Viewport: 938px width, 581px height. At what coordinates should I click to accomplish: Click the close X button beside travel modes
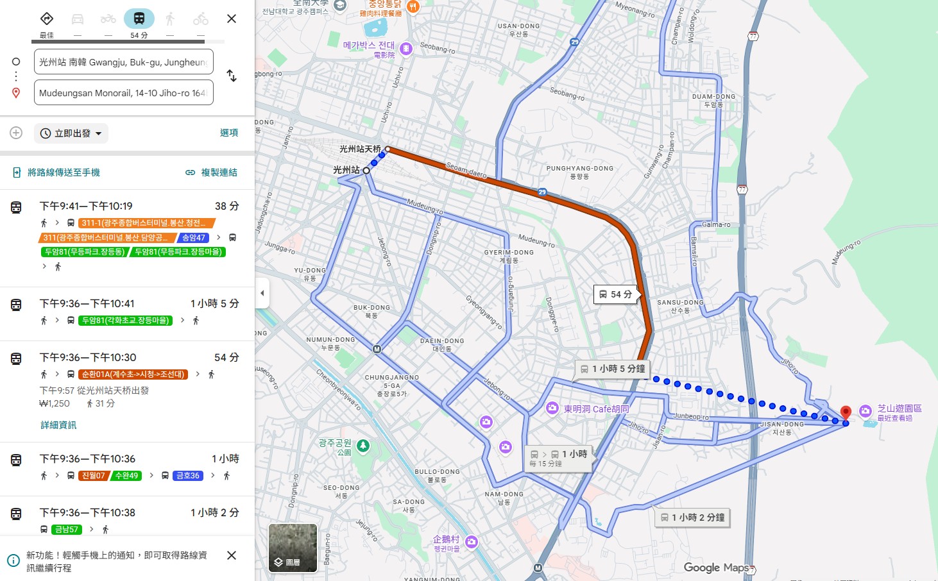pos(232,19)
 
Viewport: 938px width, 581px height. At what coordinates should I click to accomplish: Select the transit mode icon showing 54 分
pos(139,19)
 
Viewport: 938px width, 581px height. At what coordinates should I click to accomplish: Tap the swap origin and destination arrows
pos(232,76)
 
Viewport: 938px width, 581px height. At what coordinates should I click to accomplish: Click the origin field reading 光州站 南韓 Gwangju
pos(123,62)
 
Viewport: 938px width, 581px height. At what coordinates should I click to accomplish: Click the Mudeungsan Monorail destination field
pos(123,93)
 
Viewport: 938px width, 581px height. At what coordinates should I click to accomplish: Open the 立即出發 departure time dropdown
pos(71,133)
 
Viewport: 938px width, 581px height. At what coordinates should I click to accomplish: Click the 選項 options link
pos(228,133)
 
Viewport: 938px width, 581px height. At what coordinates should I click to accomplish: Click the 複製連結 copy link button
pos(211,173)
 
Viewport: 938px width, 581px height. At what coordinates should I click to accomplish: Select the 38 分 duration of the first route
pos(226,206)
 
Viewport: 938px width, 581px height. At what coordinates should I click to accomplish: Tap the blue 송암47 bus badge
pos(193,237)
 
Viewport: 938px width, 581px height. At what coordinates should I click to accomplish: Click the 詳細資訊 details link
pos(58,425)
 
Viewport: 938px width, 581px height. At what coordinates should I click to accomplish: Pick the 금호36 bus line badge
pos(187,476)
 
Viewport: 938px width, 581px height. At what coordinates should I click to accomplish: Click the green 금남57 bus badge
pos(67,530)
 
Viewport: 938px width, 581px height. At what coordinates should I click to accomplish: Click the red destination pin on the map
pos(846,412)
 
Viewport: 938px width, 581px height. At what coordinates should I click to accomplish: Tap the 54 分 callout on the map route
pos(616,294)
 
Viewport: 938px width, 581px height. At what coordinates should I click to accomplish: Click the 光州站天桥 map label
pos(359,149)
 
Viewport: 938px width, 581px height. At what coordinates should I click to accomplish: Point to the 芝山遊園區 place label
pos(899,408)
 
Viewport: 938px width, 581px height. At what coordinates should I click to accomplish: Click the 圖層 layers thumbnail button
pos(293,548)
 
